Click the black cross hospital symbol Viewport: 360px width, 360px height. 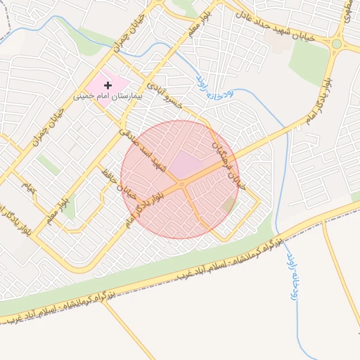click(x=108, y=84)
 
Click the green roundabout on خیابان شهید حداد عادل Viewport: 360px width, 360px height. click(x=336, y=44)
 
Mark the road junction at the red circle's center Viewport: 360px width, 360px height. click(x=182, y=184)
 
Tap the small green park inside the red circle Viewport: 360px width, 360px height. click(x=228, y=205)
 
